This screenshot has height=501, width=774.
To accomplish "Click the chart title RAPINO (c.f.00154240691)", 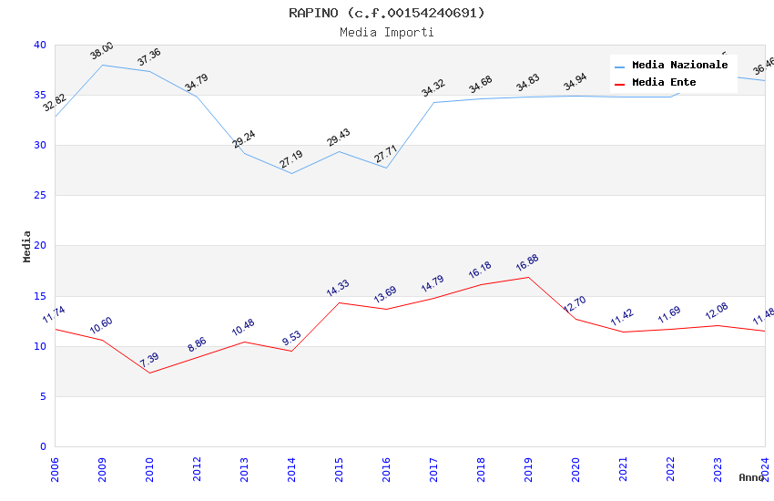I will (x=387, y=13).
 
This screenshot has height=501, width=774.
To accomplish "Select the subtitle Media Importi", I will (x=387, y=32).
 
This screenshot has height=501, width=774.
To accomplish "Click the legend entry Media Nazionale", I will (x=679, y=65).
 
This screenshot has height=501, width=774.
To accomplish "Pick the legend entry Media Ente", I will (x=664, y=82).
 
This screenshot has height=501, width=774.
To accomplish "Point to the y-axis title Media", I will (x=27, y=246).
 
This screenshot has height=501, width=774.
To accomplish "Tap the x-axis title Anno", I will (x=751, y=477).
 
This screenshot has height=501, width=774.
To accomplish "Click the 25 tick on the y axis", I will (x=40, y=196).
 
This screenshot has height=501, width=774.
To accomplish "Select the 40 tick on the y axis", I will (x=40, y=45).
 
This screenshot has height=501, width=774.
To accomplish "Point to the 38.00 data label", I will (x=101, y=51).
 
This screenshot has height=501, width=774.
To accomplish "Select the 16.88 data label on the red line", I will (x=527, y=263).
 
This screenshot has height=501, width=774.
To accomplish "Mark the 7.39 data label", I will (x=148, y=360).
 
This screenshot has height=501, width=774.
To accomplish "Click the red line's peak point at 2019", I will (x=528, y=277).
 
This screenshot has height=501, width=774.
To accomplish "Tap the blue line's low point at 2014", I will (x=291, y=173).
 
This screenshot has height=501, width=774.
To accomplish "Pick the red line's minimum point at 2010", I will (x=149, y=373).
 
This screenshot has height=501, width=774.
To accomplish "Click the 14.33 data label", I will (x=338, y=289).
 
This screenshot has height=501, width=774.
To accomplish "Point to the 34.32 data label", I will (x=433, y=87).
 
